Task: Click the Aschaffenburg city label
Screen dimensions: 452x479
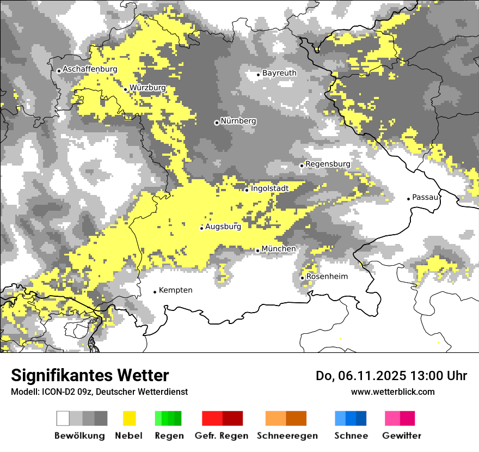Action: tap(90, 69)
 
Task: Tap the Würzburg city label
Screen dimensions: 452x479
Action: tap(148, 88)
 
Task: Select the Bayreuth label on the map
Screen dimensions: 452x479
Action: tap(279, 73)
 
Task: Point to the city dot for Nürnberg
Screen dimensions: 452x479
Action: tap(217, 123)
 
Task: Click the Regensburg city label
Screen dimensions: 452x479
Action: tap(328, 164)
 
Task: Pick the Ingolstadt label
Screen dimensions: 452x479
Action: tap(269, 188)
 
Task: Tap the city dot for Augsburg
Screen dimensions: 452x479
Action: tap(201, 228)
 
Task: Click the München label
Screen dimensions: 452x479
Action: tap(279, 249)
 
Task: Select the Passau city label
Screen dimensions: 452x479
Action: tap(425, 197)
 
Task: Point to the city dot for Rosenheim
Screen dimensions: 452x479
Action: tap(302, 278)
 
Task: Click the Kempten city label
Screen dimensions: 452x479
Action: tap(175, 290)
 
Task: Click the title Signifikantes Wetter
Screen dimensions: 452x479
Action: tap(90, 376)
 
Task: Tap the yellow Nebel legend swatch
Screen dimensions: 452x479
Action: tap(129, 418)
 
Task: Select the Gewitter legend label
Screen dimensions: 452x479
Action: tap(402, 436)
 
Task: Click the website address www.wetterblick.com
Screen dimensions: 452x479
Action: tap(392, 392)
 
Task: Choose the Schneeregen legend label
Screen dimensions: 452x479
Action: tap(287, 436)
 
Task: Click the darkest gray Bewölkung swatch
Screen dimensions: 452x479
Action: tap(101, 418)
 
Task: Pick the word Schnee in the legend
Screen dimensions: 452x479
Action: tap(351, 436)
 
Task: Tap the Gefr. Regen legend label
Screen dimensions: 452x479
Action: tap(222, 436)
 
